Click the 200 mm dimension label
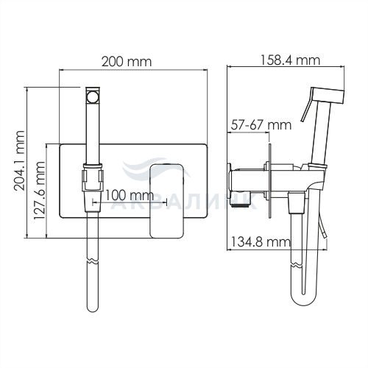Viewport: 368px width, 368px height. point(127,62)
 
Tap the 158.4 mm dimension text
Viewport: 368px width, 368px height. point(290,60)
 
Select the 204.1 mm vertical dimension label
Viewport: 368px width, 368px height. point(19,160)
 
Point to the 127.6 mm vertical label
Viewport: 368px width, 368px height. point(39,191)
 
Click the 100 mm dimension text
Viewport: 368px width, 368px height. point(130,196)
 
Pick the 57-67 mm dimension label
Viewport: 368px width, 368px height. point(261,125)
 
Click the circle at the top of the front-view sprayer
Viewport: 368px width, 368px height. point(93,96)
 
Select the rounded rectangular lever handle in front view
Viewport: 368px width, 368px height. point(167,201)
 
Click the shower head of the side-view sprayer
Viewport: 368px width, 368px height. point(328,96)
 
